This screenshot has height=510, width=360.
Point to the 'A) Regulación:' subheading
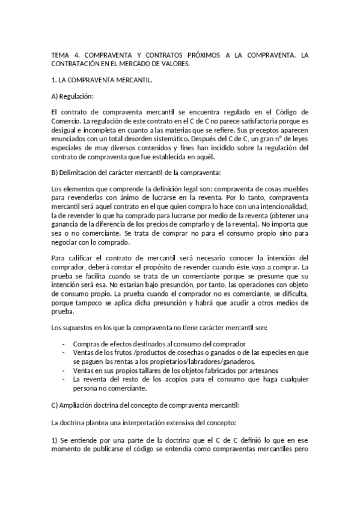click(x=73, y=96)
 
